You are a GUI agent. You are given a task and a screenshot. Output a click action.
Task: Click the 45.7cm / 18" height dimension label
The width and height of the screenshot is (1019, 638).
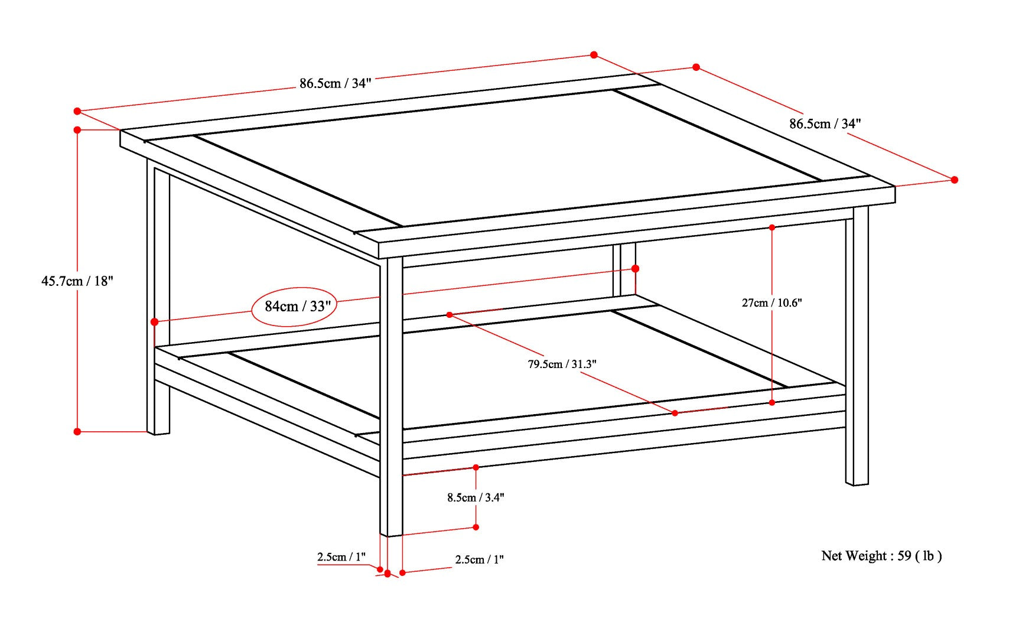pos(77,281)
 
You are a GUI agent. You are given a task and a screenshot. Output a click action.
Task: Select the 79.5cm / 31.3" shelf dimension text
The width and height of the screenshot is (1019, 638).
pos(562,364)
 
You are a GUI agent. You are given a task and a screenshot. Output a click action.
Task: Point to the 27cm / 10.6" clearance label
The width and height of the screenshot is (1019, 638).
pos(771,303)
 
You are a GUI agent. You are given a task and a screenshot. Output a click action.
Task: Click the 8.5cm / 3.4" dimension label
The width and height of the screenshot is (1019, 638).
pos(476,498)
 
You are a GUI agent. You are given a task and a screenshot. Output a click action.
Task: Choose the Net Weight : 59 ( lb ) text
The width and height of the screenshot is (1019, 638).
pos(881,556)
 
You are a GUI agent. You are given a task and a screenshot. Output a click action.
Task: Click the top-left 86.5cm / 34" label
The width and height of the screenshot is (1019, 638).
pos(335,83)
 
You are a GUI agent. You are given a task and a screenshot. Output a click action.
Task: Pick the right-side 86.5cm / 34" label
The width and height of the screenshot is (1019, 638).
pos(825,124)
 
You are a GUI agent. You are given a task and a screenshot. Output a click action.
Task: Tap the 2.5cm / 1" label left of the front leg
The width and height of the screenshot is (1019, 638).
pos(341,557)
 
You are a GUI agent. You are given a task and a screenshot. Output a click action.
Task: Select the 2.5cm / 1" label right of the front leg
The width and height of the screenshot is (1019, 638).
pos(479,559)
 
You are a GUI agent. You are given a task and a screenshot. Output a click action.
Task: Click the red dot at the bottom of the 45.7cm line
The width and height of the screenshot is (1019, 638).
pos(77,432)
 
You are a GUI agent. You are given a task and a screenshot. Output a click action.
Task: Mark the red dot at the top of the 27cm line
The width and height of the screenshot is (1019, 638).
pos(772,227)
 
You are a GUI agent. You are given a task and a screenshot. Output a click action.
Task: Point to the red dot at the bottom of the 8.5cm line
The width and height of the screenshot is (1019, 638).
pos(476,527)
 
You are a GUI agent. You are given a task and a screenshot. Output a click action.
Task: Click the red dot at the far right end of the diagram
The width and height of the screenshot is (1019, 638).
pos(955,180)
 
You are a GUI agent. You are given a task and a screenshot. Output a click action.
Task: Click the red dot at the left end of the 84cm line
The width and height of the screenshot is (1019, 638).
pos(154,322)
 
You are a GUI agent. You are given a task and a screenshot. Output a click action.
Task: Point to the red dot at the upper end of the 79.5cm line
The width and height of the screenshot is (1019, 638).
pos(450,315)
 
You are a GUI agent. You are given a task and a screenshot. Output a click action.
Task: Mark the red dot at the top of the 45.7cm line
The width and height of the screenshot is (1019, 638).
pos(77,130)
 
